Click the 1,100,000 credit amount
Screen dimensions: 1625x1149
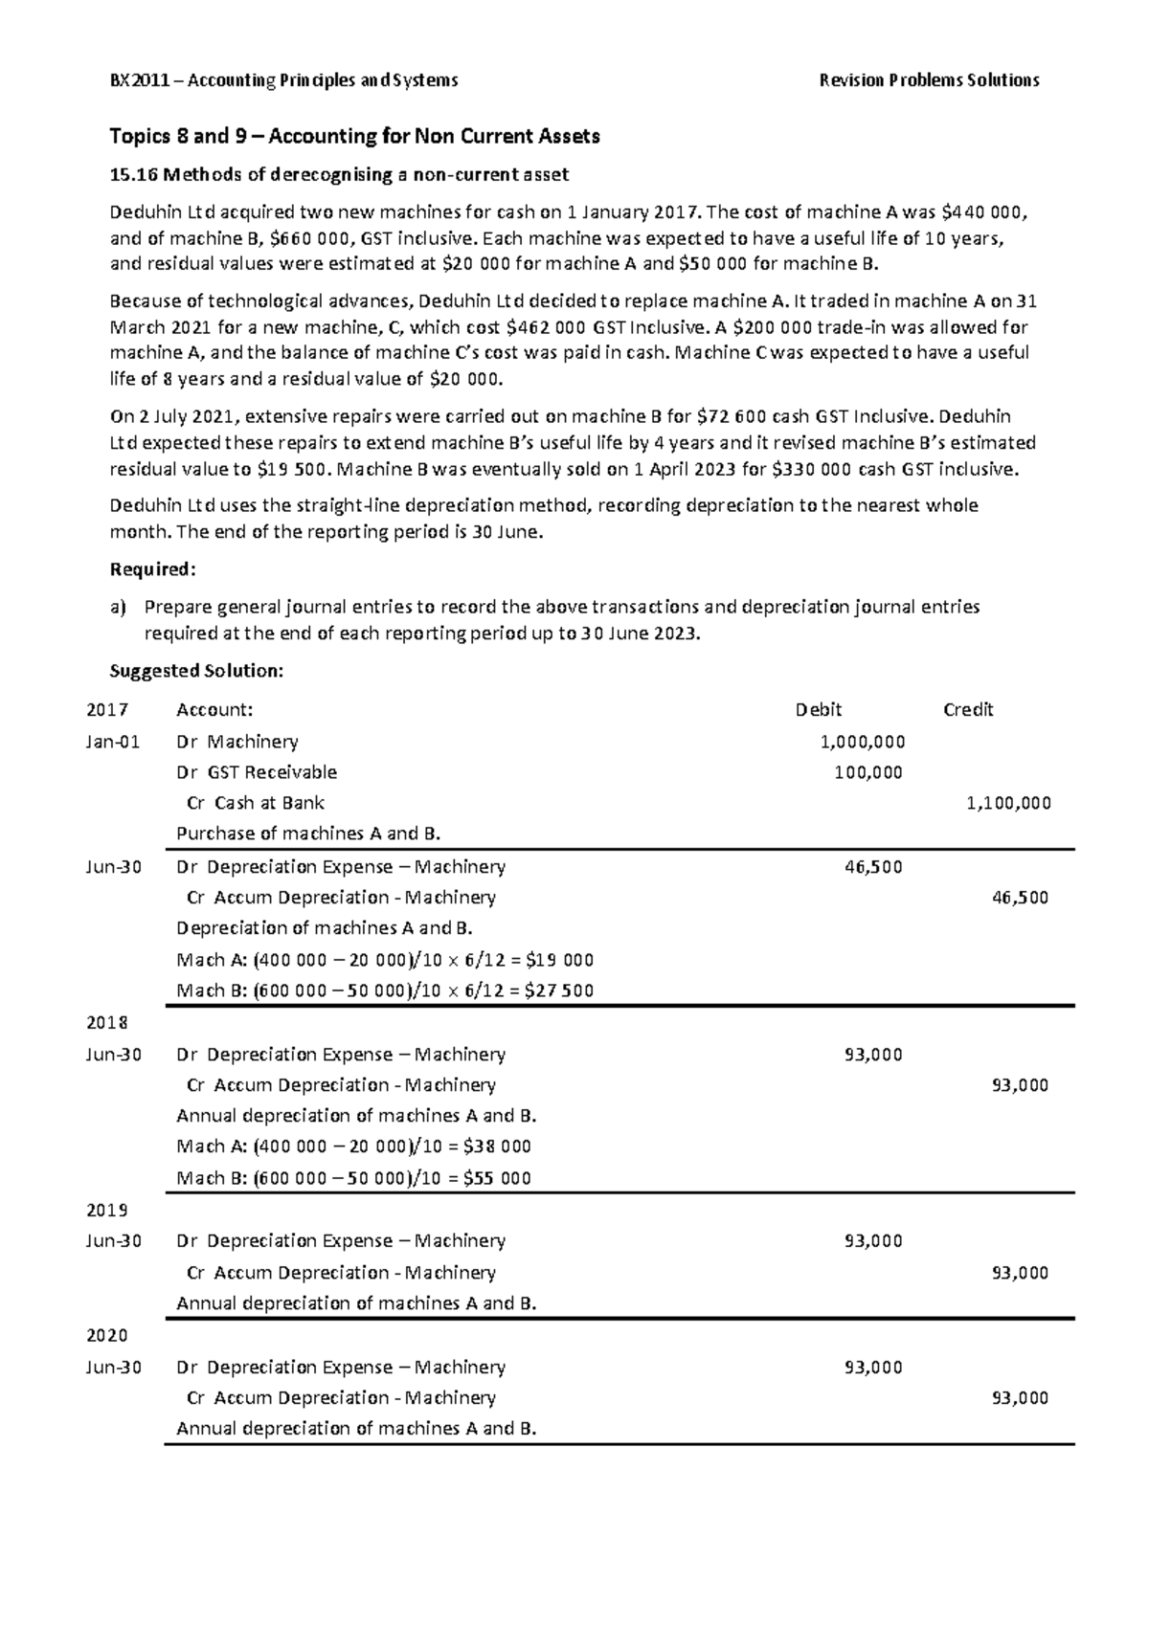[1008, 803]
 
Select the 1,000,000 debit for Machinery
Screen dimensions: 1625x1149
[863, 742]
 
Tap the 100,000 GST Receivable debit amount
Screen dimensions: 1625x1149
[867, 772]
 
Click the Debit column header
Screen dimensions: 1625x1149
[819, 710]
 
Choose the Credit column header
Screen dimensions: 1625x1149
[968, 710]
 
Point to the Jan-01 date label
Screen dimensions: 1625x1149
[113, 742]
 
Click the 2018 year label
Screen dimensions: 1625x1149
[106, 1022]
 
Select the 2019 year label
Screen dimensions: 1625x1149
[106, 1210]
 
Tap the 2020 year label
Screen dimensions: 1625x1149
[106, 1335]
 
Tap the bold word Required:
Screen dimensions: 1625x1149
[153, 570]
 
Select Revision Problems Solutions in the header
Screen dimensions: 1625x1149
[929, 80]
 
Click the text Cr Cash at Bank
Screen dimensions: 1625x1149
[256, 803]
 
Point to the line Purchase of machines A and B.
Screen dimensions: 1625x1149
[308, 834]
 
